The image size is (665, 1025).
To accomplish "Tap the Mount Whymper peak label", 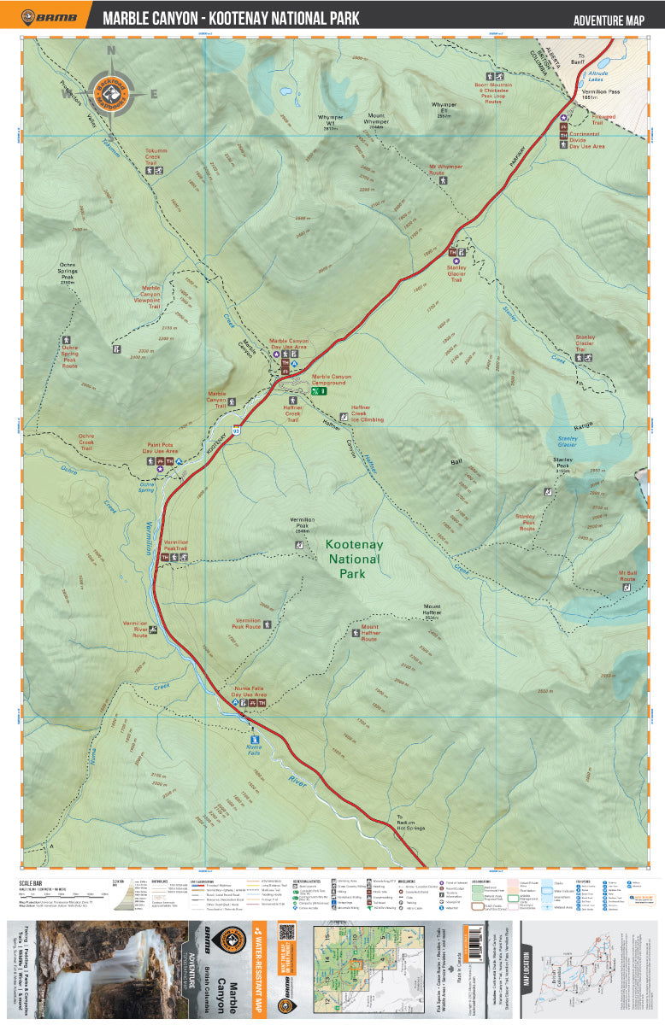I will point(376,120).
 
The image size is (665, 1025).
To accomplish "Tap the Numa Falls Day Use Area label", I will point(249,692).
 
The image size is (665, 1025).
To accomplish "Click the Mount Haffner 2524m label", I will point(431,612).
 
